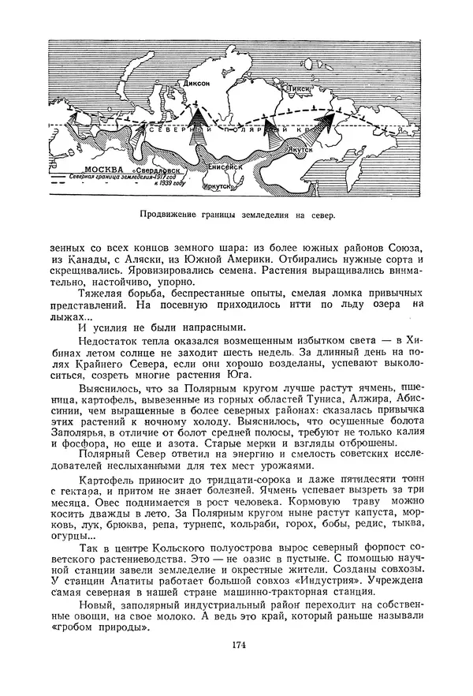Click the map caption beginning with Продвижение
[x=236, y=215]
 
